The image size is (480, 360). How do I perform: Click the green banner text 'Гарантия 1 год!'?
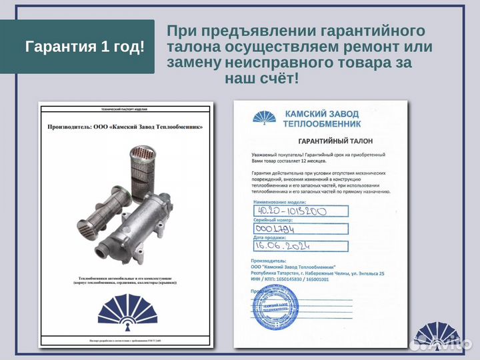(x=84, y=47)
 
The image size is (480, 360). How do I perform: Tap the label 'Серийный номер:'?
(x=273, y=219)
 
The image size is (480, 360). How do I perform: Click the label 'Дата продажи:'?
(x=270, y=237)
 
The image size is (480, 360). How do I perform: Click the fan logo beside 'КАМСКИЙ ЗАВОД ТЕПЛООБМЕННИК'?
(x=265, y=117)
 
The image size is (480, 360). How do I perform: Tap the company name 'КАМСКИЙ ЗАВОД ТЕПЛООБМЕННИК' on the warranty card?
(x=323, y=119)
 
